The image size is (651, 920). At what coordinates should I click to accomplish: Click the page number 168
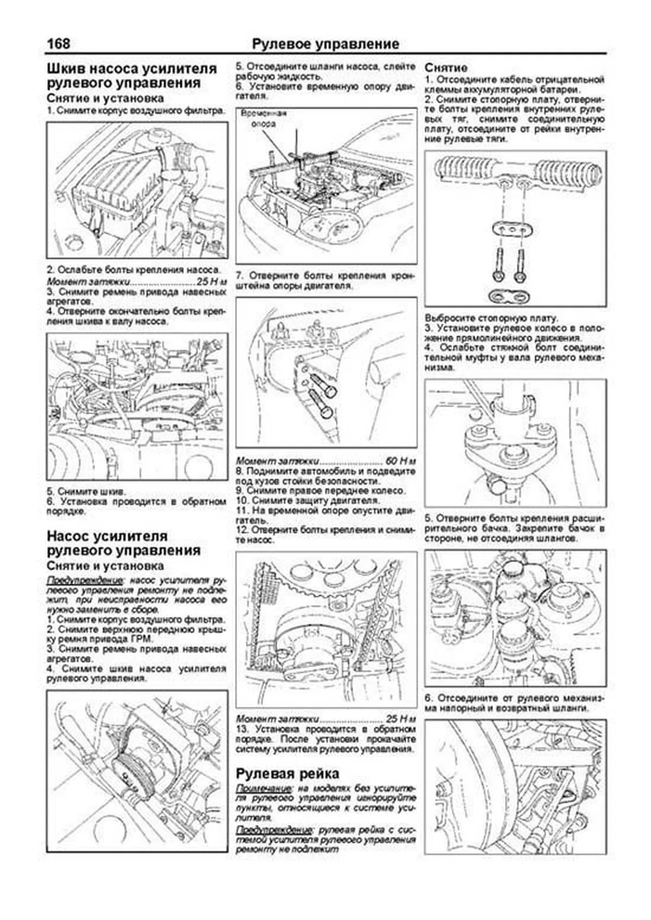59,44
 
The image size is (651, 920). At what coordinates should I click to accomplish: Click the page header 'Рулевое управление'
325,44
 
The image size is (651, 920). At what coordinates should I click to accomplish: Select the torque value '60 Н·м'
400,462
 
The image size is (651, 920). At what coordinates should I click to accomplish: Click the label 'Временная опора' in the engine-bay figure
264,119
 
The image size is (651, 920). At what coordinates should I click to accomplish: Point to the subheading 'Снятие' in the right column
446,68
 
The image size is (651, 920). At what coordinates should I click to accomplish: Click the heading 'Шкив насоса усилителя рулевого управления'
132,76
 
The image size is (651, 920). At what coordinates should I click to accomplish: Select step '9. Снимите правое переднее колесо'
321,491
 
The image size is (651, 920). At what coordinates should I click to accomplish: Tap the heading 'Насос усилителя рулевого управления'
124,543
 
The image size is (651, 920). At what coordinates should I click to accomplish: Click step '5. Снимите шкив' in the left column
86,492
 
